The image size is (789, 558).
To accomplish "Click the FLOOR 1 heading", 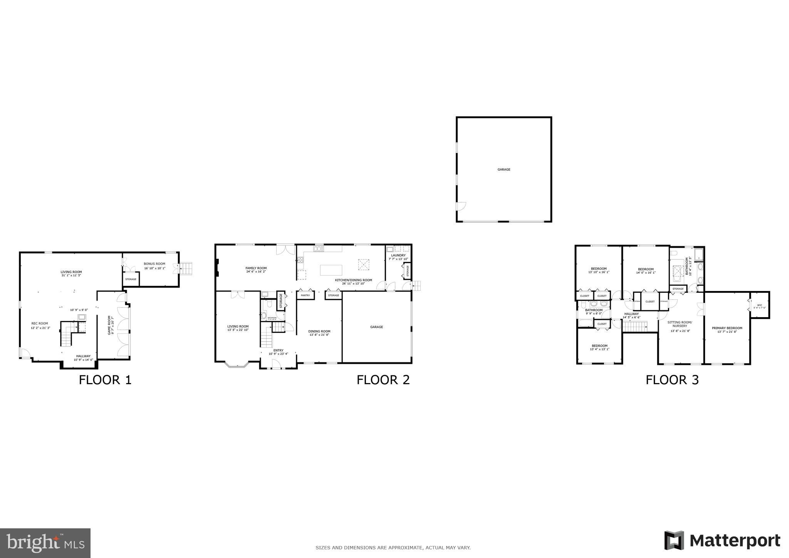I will [105, 380].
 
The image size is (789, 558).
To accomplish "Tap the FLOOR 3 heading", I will [672, 380].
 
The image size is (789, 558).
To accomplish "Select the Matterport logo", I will [722, 541].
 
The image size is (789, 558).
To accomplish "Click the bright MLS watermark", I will [45, 543].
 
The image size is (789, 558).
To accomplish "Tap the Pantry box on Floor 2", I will [305, 296].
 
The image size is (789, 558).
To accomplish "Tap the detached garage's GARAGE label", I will [504, 170].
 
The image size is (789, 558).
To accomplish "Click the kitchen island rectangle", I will [331, 270].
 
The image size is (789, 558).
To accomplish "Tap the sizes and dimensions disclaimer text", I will [393, 548].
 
